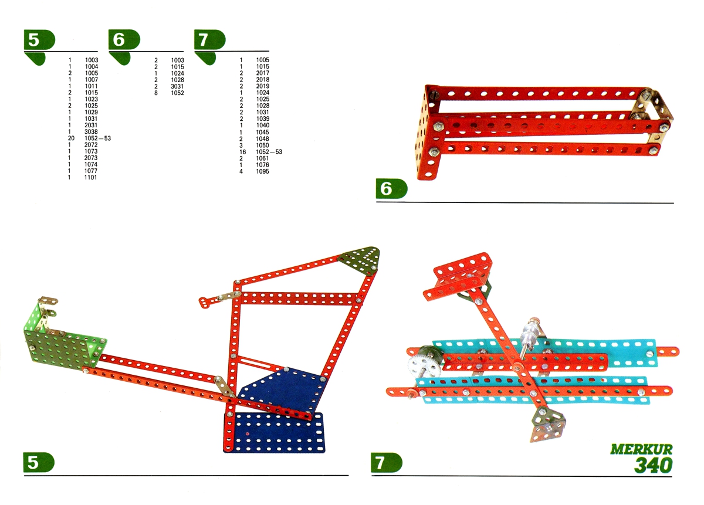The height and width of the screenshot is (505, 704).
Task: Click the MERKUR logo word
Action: pos(641,450)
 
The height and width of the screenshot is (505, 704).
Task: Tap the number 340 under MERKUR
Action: pos(653,465)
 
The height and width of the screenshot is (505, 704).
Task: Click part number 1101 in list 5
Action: pos(90,178)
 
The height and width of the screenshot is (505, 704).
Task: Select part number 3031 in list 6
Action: pos(177,86)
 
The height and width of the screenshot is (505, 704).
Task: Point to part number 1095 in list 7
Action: pos(262,172)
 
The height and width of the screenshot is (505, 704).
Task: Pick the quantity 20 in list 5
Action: pos(71,138)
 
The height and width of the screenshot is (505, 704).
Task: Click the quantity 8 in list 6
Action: pos(156,93)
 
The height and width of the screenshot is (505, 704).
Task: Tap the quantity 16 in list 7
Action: pos(242,152)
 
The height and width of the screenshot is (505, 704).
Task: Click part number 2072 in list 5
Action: pos(91,145)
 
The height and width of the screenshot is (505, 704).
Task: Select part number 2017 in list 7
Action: pos(262,73)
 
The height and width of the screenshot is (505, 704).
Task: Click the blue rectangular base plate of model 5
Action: pos(274,432)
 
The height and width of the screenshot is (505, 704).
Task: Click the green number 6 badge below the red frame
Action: pos(392,188)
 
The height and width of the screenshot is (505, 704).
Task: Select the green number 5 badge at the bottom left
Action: pos(39,462)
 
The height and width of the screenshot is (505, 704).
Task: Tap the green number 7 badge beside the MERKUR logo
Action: pos(387,463)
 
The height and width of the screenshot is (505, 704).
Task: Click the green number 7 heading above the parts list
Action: pos(210,40)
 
